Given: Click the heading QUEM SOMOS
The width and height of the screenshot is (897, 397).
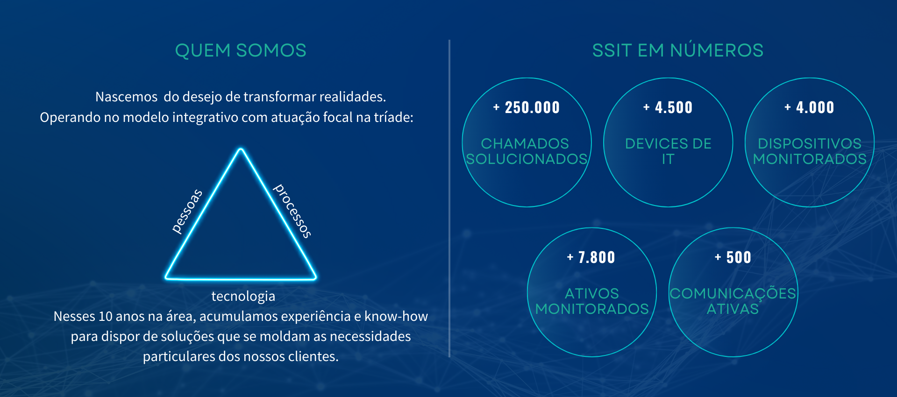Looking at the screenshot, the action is (241, 50).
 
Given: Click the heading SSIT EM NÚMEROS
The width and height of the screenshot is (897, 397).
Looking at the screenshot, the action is (677, 50).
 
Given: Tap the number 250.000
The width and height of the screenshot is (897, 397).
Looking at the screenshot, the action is (532, 107).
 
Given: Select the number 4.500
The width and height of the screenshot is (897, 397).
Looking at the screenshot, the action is (674, 107).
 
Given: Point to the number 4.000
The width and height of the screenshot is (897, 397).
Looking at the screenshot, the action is (815, 107).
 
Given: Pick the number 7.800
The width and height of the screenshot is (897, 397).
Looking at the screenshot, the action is (597, 257).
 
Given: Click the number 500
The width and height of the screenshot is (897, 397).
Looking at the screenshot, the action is (739, 257).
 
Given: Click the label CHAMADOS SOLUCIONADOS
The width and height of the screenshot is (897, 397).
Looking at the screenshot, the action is (527, 151).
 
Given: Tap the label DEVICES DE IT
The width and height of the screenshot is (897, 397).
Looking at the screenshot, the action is (668, 151).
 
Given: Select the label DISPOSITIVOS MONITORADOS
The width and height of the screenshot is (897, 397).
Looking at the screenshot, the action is (810, 151).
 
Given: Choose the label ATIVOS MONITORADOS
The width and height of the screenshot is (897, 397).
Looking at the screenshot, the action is (592, 301).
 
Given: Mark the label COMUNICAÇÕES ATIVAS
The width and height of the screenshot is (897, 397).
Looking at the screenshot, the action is (733, 301).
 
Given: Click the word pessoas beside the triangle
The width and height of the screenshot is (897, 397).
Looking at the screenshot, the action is (187, 211).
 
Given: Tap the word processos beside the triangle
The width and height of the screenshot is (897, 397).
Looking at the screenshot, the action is (292, 211).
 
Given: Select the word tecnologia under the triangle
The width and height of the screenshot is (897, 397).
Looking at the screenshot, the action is (243, 297).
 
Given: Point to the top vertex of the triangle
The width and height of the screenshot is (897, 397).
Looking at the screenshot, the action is (241, 149).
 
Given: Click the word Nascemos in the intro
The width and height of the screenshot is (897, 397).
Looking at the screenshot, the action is (126, 97).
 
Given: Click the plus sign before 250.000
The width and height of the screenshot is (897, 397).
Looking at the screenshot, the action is (497, 107).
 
